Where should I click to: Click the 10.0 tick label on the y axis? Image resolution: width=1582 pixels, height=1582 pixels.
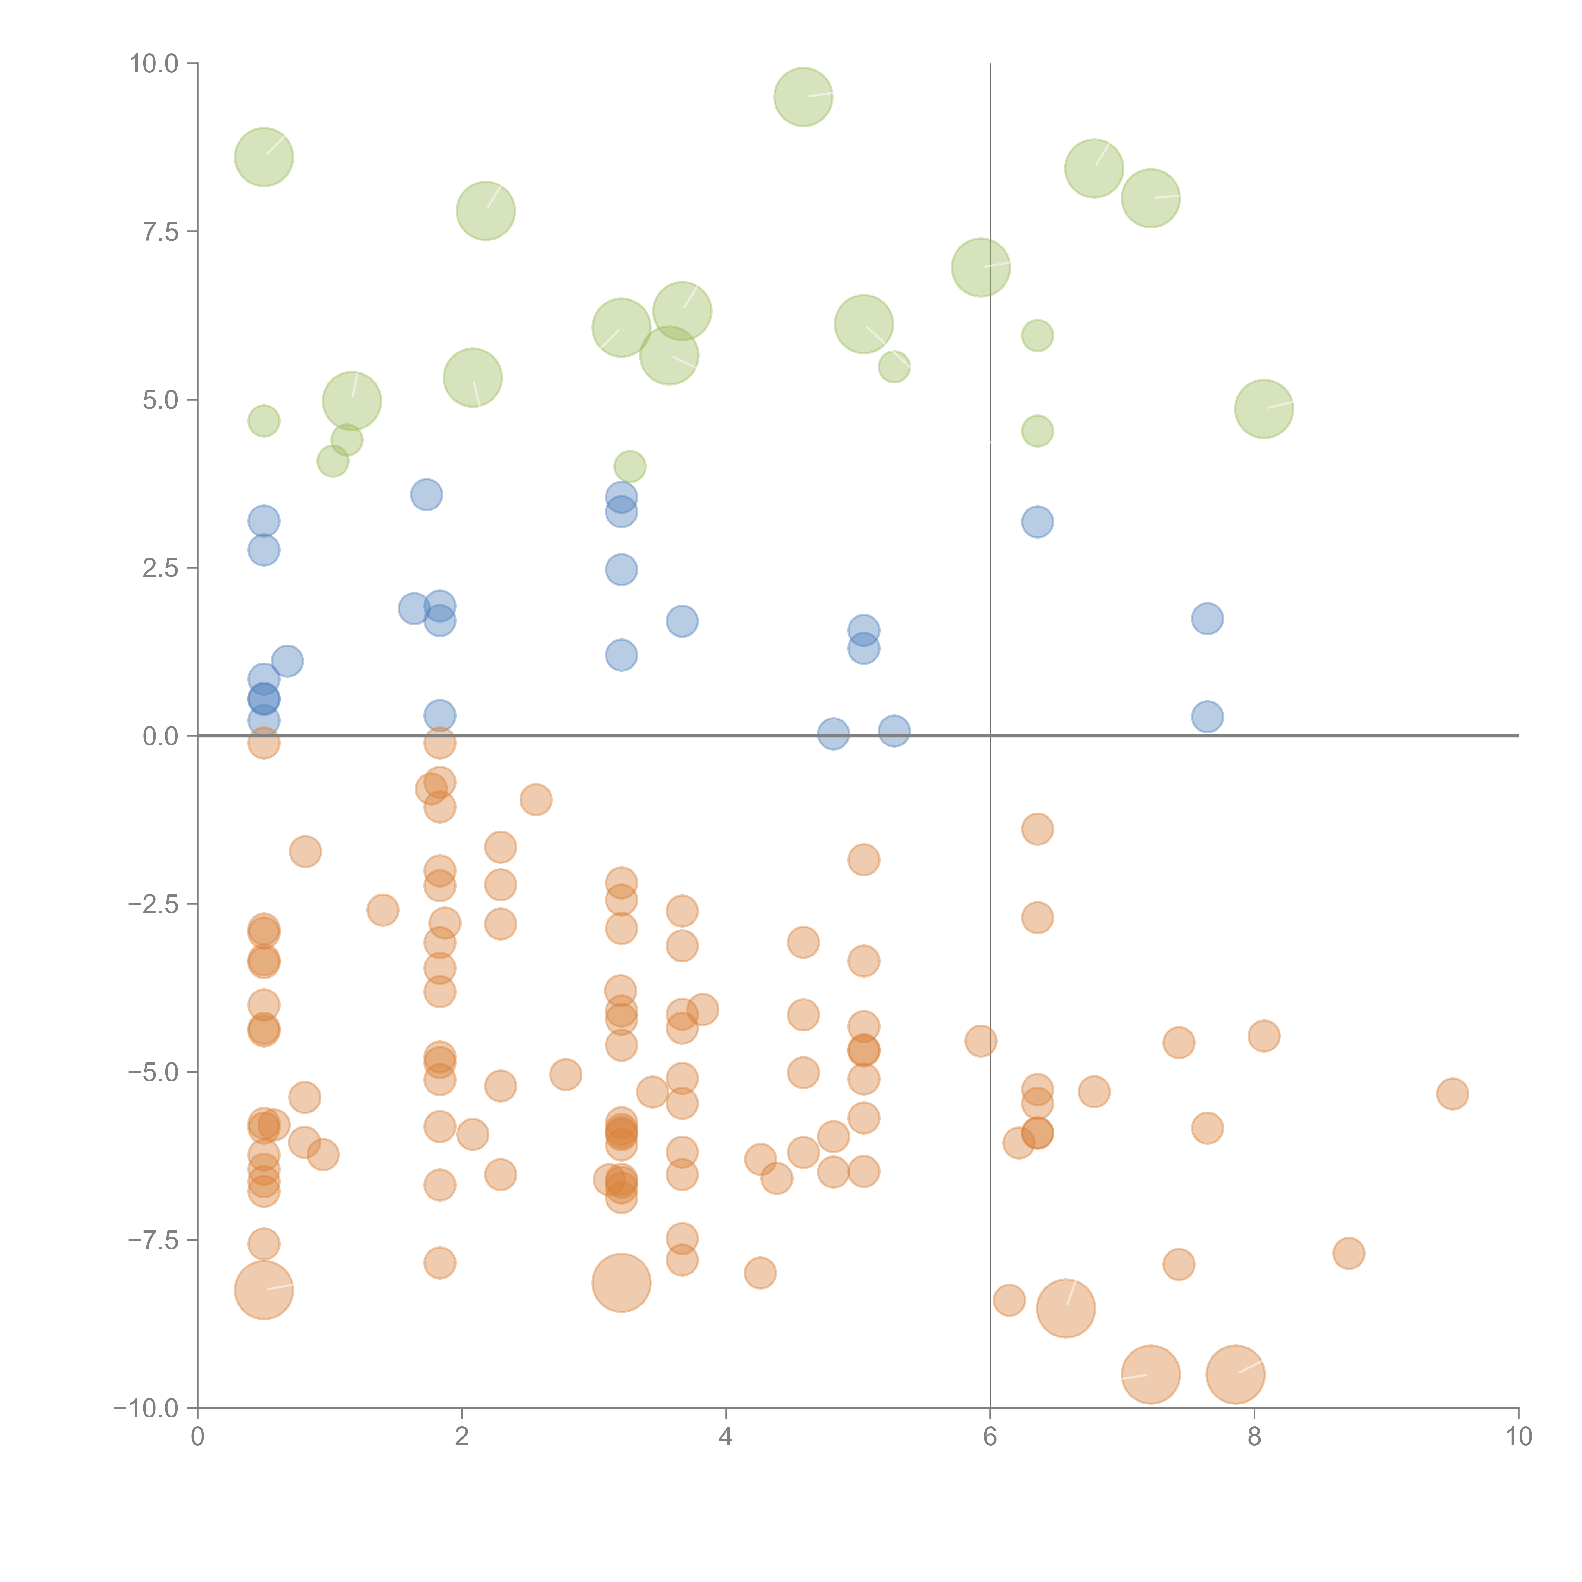(154, 64)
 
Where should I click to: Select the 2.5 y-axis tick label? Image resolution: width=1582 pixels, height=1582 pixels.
(160, 568)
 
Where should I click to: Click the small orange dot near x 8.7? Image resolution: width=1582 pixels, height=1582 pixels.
(1348, 1253)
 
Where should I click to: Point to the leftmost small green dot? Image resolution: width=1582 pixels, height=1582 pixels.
(264, 421)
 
